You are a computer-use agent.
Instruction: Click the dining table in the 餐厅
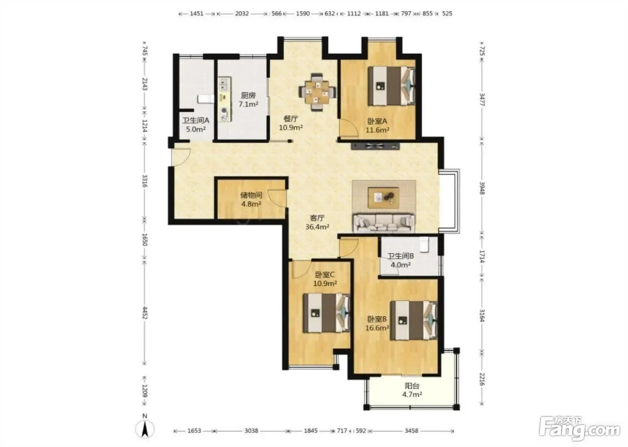click(318, 92)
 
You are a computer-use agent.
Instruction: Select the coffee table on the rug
click(384, 198)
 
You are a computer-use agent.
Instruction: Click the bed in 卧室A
click(391, 86)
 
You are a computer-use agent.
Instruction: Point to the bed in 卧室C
click(327, 313)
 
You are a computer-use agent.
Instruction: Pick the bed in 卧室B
click(414, 320)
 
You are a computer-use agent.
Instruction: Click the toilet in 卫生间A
click(206, 99)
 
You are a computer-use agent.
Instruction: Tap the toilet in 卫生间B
click(424, 245)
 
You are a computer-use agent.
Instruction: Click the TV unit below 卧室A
click(375, 146)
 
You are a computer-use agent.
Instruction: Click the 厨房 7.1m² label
click(248, 100)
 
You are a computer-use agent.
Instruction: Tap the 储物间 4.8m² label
click(251, 199)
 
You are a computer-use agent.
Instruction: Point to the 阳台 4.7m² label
click(412, 390)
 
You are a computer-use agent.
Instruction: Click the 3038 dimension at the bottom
click(251, 430)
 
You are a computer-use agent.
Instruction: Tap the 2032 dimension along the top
click(242, 13)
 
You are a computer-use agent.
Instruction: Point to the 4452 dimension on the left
click(144, 313)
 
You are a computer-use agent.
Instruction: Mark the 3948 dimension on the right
click(482, 188)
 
